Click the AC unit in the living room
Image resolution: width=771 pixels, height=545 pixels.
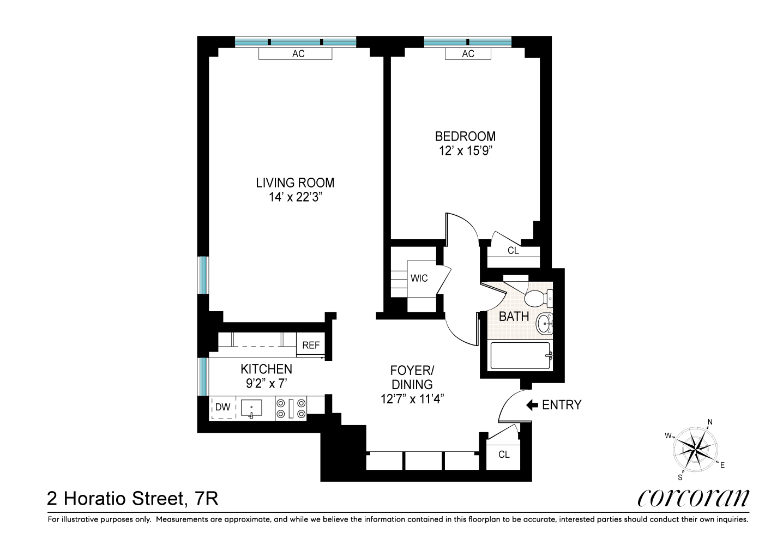(295, 53)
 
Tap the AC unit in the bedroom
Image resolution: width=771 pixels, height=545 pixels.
(468, 53)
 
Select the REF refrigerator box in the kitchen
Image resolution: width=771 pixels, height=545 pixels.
(311, 345)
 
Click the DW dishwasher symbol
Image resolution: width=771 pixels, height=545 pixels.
(223, 407)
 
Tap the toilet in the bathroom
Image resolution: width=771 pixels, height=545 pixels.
(537, 298)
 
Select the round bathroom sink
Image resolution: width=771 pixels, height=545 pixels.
(544, 324)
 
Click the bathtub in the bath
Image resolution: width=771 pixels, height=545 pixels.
(521, 355)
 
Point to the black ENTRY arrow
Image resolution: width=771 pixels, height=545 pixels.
(532, 405)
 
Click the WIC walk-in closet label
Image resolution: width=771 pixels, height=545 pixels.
(419, 278)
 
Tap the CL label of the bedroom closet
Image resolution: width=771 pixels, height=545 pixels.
(513, 251)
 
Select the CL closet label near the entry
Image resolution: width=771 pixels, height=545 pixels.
(504, 454)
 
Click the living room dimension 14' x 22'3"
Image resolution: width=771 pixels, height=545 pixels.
(295, 197)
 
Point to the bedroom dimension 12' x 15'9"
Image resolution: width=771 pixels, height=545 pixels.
(465, 151)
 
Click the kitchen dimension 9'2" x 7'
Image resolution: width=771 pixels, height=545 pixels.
(266, 383)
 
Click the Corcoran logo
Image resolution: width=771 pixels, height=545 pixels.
(693, 497)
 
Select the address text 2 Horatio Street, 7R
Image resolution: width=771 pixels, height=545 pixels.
(133, 498)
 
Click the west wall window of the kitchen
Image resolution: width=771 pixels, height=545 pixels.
(203, 377)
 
